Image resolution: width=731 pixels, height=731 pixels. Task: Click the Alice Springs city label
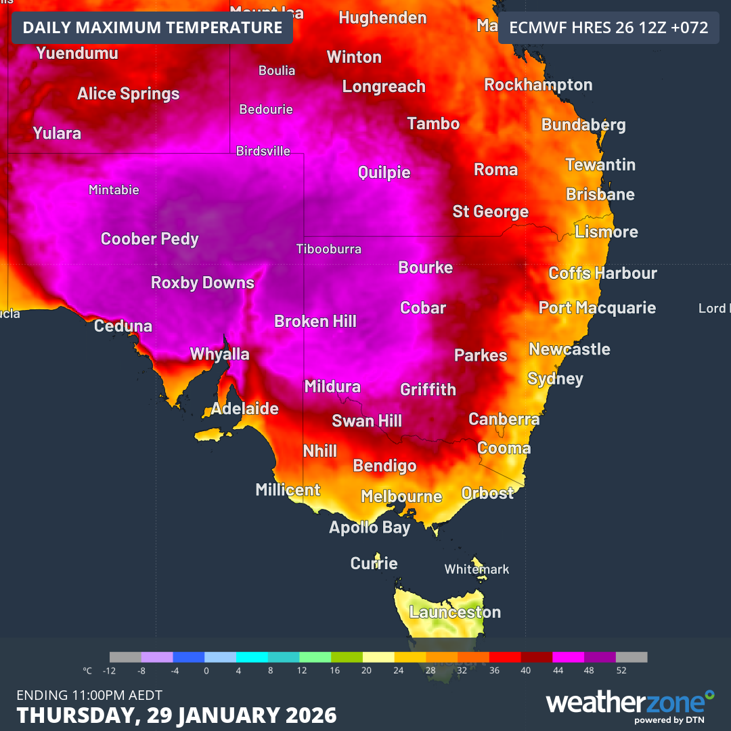click(129, 94)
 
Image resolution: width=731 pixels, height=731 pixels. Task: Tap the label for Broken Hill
click(315, 321)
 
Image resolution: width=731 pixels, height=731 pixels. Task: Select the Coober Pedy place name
click(150, 239)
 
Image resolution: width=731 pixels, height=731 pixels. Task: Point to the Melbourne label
click(401, 497)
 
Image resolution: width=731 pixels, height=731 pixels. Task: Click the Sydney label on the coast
click(555, 378)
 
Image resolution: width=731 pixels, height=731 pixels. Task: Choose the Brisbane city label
click(600, 195)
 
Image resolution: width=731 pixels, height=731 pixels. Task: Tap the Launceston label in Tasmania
click(456, 613)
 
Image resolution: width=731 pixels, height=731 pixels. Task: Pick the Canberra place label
click(504, 420)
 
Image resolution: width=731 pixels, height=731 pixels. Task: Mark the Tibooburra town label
click(329, 249)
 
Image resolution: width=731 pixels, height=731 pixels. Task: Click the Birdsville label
click(263, 151)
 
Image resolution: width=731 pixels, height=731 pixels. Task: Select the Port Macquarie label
click(597, 308)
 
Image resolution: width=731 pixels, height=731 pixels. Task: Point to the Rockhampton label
click(538, 85)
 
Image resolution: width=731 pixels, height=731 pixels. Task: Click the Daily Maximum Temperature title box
click(152, 28)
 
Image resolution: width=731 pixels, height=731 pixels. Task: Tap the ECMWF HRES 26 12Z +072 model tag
click(608, 28)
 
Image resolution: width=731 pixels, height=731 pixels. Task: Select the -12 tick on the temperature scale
click(109, 671)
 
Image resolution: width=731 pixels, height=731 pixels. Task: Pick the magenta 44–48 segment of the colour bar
click(568, 657)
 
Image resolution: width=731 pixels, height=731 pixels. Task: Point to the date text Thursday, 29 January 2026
click(177, 715)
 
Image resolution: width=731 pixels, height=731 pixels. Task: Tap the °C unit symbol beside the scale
click(87, 671)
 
